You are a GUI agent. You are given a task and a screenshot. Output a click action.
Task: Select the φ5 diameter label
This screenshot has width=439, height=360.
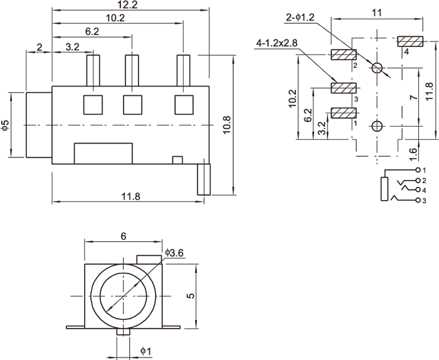(x=6, y=125)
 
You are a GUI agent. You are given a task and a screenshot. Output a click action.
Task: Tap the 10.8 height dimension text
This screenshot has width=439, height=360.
(x=227, y=125)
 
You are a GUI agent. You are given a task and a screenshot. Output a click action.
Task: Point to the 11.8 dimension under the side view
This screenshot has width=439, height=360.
(x=130, y=197)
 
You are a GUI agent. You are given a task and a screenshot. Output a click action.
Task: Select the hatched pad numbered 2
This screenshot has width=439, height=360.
(x=343, y=55)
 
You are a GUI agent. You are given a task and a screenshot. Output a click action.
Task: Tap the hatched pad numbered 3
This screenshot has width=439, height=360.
(x=343, y=88)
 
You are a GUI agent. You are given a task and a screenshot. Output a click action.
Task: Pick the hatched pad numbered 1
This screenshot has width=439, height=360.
(x=343, y=114)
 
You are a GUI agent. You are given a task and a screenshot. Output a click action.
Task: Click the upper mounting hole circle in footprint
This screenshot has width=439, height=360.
(x=377, y=68)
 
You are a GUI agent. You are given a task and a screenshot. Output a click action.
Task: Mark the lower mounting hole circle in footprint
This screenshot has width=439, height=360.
(x=376, y=127)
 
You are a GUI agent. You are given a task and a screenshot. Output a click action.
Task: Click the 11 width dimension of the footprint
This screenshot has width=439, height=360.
(x=377, y=13)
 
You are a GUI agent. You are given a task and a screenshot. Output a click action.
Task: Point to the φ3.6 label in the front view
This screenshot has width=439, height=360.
(x=174, y=253)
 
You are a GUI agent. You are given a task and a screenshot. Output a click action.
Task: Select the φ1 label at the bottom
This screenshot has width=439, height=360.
(x=145, y=350)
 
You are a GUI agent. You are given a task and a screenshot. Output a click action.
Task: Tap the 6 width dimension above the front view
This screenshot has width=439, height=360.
(x=124, y=236)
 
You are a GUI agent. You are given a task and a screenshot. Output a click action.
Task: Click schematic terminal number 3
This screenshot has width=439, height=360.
(x=425, y=201)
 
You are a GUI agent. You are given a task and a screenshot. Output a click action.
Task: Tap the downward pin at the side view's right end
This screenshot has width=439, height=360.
(x=204, y=180)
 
